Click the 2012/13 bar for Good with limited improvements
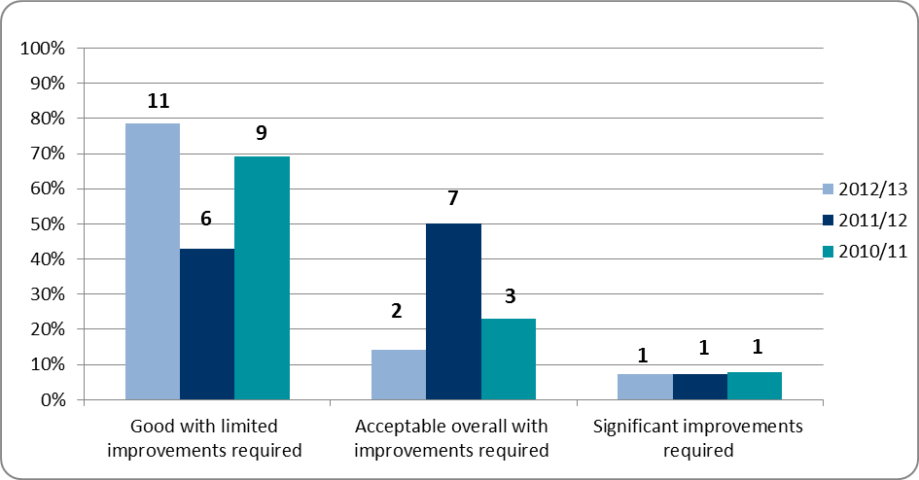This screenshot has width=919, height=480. (152, 261)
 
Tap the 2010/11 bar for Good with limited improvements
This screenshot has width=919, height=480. (262, 278)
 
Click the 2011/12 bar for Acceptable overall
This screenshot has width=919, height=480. (453, 312)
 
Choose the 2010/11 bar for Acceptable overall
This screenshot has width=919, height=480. (508, 360)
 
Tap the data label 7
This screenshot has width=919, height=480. (453, 199)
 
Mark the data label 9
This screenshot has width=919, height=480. (262, 133)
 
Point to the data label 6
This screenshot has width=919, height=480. (206, 221)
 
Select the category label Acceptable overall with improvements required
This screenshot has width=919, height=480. (452, 438)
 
